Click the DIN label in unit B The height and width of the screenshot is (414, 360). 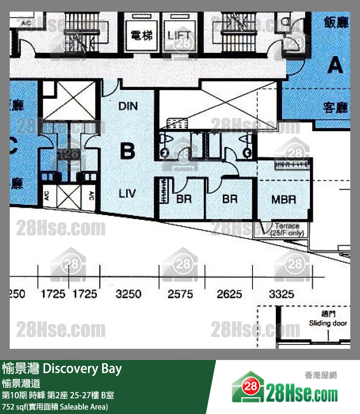(128, 106)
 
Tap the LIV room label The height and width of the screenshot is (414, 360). (127, 194)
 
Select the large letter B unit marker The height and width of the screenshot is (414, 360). (127, 152)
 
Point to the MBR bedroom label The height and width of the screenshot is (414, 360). (284, 199)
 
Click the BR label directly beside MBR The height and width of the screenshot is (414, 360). (229, 199)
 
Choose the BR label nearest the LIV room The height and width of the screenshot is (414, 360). (184, 199)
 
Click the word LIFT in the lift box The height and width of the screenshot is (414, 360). (180, 35)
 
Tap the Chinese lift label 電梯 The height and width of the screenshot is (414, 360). (142, 35)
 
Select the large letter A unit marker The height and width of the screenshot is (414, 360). (335, 65)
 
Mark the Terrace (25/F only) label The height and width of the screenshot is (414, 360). (287, 230)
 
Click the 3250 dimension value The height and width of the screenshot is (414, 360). (128, 294)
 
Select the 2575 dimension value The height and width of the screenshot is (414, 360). (180, 294)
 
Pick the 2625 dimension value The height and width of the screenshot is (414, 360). (229, 294)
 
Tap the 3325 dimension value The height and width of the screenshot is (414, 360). (281, 294)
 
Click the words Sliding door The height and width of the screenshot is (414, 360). (328, 323)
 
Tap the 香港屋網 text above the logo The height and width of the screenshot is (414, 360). (321, 375)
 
